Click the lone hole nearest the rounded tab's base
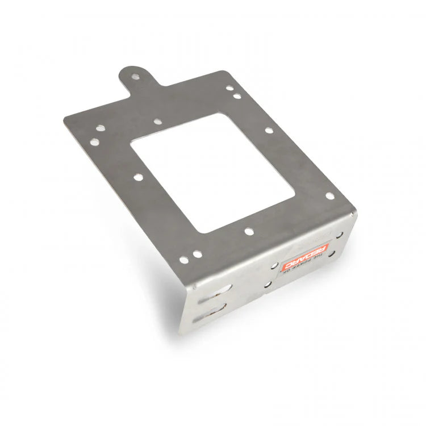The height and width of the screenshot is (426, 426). [x=157, y=121]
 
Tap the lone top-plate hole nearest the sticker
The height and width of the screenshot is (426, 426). [x=248, y=231]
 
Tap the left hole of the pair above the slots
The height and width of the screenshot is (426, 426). [x=183, y=260]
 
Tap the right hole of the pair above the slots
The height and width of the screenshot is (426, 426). [x=195, y=253]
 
